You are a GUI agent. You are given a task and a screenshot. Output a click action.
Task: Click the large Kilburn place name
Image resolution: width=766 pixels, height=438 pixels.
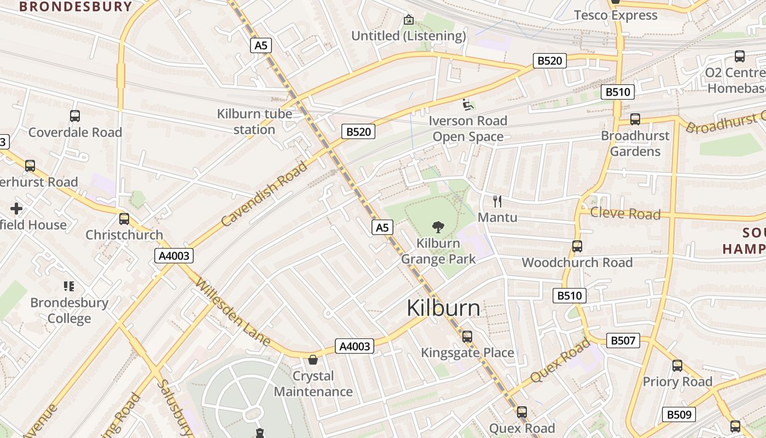pos(443,309)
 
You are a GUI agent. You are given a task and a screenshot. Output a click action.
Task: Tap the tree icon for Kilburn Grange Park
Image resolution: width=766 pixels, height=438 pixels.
pos(438,227)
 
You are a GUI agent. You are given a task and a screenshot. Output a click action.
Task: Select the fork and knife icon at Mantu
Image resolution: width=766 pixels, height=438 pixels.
pos(497,201)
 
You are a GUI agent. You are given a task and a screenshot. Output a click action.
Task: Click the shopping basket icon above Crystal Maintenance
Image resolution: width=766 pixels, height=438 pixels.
pos(313,360)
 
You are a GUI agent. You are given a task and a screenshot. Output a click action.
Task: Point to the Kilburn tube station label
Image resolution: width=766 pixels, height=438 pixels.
pos(254,122)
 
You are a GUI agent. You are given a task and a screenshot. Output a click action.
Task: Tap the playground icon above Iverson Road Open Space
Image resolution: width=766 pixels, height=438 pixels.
pos(467,104)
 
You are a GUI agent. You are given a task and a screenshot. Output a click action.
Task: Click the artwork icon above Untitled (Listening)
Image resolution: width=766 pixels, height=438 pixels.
pos(408,20)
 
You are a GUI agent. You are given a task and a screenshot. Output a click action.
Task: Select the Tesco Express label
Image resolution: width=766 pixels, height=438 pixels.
pos(616,15)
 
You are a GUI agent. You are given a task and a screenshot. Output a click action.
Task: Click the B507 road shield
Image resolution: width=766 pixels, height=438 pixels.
pos(623,341)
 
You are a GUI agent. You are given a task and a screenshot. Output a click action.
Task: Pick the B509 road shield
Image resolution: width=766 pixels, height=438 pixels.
pos(679,414)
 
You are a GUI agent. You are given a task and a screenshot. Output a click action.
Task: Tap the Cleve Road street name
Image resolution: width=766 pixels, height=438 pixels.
pos(625,214)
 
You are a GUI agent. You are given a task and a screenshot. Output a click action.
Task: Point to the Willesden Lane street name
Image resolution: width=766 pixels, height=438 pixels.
pos(233,313)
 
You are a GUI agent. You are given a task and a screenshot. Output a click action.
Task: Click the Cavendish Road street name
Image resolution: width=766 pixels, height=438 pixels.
pos(265,194)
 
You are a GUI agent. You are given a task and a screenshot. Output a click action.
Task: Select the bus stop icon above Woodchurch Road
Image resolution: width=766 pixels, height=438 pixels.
pos(577,246)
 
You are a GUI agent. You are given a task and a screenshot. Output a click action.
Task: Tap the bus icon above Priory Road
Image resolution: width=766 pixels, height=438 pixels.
pos(677,366)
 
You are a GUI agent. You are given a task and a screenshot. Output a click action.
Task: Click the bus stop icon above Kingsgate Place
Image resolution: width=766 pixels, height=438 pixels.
pos(467,337)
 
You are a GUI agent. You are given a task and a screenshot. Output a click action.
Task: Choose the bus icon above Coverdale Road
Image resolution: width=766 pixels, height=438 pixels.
pos(75,116)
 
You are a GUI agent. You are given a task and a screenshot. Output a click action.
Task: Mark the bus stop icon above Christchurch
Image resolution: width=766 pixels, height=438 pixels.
pos(124,219)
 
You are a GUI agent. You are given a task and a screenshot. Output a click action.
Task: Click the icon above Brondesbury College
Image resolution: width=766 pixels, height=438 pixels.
pos(69,286)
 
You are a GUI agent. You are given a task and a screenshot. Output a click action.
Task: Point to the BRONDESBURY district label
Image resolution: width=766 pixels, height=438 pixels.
pos(76,7)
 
